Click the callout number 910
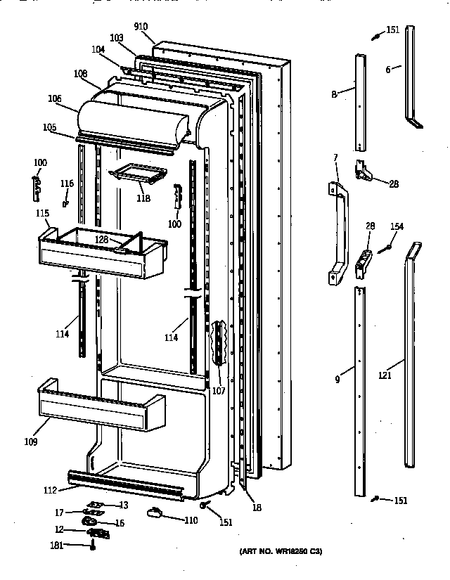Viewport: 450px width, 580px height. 146,27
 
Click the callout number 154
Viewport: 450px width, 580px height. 397,226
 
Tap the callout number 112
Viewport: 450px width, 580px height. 51,491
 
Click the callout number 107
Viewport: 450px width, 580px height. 219,391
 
